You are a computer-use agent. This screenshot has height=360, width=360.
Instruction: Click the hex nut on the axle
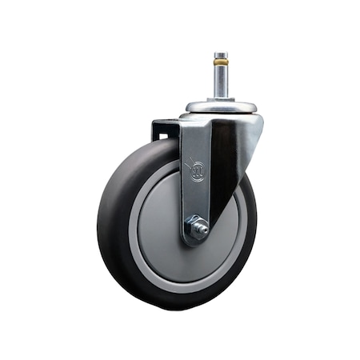tap(196, 230)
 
